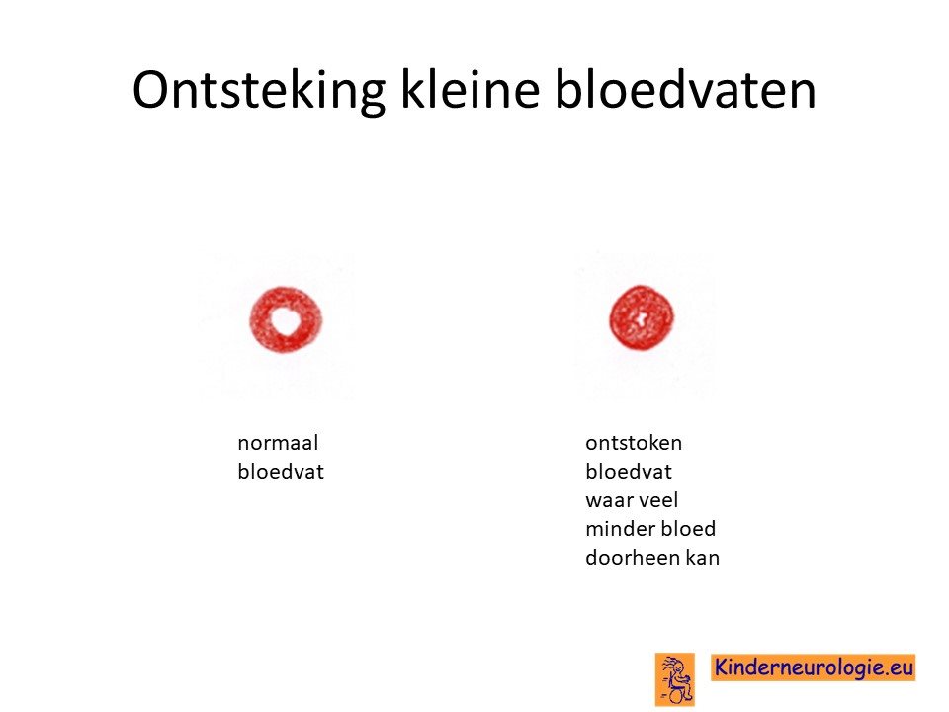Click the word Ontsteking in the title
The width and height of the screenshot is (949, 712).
point(259,91)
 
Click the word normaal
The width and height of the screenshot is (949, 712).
point(278,443)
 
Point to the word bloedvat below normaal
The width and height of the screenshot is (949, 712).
point(281,471)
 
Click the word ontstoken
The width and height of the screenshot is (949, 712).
point(634,443)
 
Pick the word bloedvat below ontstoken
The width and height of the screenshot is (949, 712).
point(629,471)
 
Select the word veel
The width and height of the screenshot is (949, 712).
point(657,500)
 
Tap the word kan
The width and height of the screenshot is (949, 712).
point(703,557)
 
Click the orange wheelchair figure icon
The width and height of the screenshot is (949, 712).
point(675,679)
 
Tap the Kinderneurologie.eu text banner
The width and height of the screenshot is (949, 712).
point(813,667)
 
